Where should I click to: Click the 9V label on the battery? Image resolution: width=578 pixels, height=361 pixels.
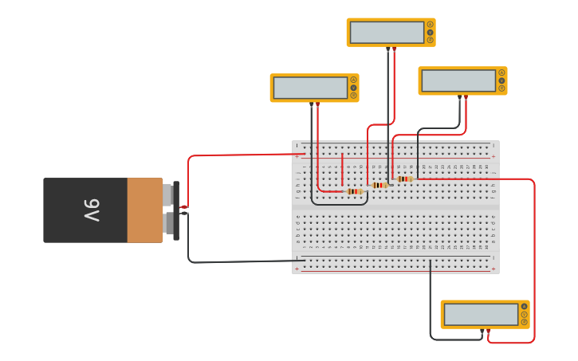tap(90, 210)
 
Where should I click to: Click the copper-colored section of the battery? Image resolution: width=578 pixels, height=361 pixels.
tap(144, 210)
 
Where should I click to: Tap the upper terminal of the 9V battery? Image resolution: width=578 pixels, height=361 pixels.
tap(168, 194)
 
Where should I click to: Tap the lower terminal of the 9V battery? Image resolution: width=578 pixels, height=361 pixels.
tap(168, 222)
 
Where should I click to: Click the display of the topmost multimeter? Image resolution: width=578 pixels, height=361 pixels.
tap(387, 33)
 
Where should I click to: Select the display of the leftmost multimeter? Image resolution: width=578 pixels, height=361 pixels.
tap(310, 88)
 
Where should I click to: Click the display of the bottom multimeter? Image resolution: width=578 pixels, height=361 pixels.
tap(481, 315)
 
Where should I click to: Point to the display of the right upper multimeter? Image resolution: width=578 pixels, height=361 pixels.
tap(458, 80)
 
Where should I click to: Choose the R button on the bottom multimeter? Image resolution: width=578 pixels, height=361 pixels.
tap(525, 322)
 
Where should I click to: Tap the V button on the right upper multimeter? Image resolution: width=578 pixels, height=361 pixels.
tap(501, 80)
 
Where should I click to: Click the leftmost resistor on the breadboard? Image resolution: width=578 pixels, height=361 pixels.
tap(355, 191)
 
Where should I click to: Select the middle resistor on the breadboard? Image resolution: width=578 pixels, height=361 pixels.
tap(379, 185)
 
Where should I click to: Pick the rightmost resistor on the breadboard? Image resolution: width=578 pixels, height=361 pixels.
tap(405, 179)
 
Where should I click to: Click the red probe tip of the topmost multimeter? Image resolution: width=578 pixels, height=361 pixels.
tap(394, 49)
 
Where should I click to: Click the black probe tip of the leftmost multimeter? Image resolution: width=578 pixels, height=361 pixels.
tap(311, 104)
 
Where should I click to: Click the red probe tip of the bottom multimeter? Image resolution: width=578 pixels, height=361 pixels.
tap(489, 330)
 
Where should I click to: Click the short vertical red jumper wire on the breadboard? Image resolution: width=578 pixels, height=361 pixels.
tap(342, 169)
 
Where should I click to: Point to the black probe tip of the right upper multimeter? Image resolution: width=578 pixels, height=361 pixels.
tap(459, 97)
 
